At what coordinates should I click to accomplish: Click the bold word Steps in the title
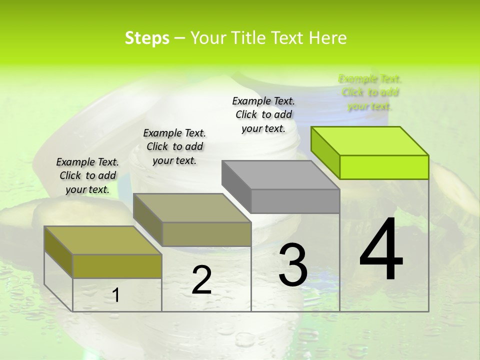coord(147,38)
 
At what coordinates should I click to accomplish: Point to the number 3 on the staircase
coord(293,265)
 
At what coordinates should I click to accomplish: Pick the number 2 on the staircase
coord(201,280)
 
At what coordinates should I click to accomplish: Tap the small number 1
coord(116,295)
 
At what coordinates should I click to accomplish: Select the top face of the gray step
coord(280,174)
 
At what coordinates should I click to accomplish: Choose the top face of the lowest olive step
coord(103,240)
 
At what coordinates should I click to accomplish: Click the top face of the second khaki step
coord(192,207)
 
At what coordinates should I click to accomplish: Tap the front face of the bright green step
coord(384,167)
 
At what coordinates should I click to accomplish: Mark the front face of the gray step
coord(295,201)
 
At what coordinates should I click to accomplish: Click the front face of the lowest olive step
coord(117,266)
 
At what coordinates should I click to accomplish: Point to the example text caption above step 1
coord(87,175)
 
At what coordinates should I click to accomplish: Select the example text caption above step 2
coord(174,146)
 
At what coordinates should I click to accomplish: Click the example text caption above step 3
coord(263,114)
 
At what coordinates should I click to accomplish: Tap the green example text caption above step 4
coord(370,92)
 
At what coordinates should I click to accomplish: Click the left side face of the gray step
coord(236,185)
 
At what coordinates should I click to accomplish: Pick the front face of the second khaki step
coord(206,234)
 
